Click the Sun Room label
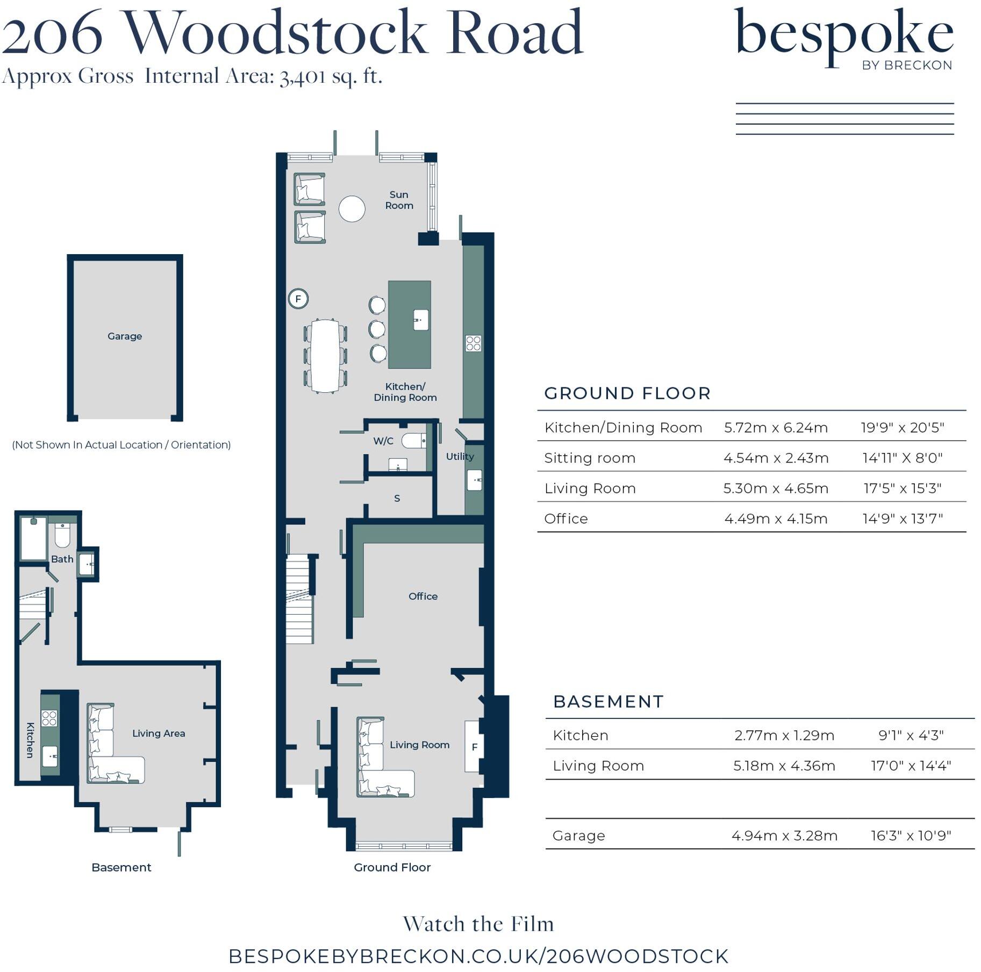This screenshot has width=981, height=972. tap(399, 200)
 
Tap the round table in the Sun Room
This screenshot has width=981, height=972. tap(352, 208)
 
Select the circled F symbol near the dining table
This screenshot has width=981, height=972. tap(298, 298)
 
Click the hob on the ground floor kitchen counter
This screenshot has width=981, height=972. tap(473, 343)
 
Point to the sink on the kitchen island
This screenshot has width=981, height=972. tap(420, 320)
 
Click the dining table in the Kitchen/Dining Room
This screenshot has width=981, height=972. tap(325, 356)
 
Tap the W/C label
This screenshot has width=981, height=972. tap(383, 441)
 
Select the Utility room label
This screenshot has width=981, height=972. tap(460, 456)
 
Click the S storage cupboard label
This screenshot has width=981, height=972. tap(397, 498)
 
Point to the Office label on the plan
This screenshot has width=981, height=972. tap(423, 596)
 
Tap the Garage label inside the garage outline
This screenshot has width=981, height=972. tap(125, 336)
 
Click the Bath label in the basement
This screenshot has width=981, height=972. tap(62, 559)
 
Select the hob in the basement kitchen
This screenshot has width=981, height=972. tap(49, 718)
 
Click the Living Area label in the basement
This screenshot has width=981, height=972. tap(159, 733)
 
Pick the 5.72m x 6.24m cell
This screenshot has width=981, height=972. tap(776, 428)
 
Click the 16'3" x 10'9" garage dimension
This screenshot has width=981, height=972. tap(911, 836)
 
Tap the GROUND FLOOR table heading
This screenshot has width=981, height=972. tap(627, 393)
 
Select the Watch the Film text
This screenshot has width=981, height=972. tap(478, 924)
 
